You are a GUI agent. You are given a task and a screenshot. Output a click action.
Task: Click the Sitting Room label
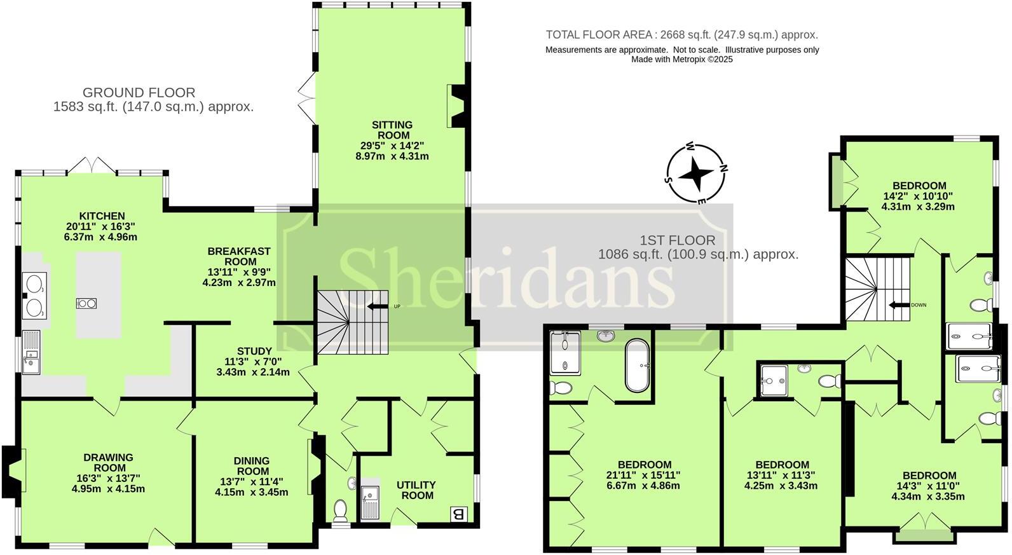[392, 130]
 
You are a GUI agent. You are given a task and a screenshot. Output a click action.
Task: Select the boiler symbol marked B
[457, 514]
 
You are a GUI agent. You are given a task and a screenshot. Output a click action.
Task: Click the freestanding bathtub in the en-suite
[636, 366]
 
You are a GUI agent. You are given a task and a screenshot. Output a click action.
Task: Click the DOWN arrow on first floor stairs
[899, 305]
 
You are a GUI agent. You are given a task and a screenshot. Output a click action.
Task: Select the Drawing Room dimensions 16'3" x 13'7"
[108, 479]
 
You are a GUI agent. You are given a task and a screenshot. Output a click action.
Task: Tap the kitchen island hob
[86, 303]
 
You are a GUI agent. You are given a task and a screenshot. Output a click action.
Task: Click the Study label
[254, 351]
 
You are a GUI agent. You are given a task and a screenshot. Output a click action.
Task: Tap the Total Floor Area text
[681, 35]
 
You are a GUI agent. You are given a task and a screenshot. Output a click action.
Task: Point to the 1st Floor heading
[677, 240]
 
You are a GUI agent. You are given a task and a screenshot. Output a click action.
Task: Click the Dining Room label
[252, 466]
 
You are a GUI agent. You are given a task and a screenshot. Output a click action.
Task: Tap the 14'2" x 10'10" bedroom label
[919, 186]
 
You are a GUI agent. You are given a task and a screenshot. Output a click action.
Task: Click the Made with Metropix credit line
[681, 59]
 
